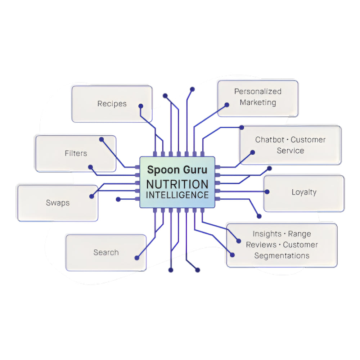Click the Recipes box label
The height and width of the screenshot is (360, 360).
[x=112, y=104]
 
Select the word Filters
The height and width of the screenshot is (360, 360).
[x=76, y=153]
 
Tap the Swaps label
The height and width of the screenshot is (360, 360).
[x=58, y=203]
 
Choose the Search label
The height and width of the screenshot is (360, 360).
[x=106, y=252]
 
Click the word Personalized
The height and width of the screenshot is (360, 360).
[x=258, y=91]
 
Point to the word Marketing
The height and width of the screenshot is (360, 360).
[x=258, y=102]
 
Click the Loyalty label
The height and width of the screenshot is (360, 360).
[x=304, y=192]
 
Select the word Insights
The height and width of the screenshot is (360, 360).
[x=267, y=234]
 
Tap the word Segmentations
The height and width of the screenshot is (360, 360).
[x=282, y=256]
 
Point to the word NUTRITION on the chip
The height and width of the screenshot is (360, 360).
[x=177, y=184]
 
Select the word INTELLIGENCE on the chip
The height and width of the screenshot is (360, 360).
[x=177, y=195]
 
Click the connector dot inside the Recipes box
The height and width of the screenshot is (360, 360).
[x=141, y=106]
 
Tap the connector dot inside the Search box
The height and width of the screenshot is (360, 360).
[x=137, y=258]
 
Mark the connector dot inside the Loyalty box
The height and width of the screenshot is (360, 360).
[x=267, y=192]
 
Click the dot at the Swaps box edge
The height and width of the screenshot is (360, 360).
[x=91, y=196]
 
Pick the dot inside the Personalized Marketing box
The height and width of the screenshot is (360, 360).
[x=227, y=105]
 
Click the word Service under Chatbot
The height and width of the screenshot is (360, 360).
[x=290, y=150]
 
